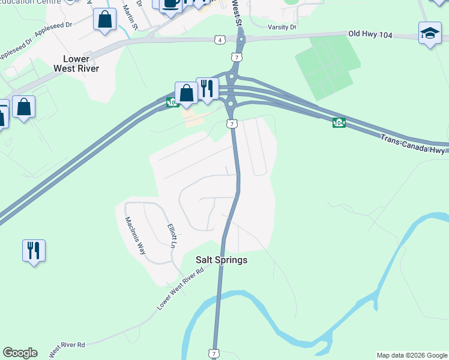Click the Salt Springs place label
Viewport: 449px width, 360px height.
point(221,260)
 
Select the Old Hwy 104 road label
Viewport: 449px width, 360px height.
point(370,35)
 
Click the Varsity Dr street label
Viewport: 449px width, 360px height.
point(282,27)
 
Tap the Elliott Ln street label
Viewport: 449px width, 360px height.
point(171,236)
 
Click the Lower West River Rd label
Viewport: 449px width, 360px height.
point(180,289)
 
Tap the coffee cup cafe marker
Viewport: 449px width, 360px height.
point(170,3)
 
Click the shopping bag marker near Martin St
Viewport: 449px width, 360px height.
point(105,19)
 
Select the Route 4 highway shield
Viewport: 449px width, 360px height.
point(220,40)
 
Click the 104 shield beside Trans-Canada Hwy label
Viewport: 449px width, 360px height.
point(339,122)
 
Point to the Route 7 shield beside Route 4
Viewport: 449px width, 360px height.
point(238,57)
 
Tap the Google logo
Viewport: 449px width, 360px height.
point(20,353)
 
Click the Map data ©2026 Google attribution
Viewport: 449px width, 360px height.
point(411,355)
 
